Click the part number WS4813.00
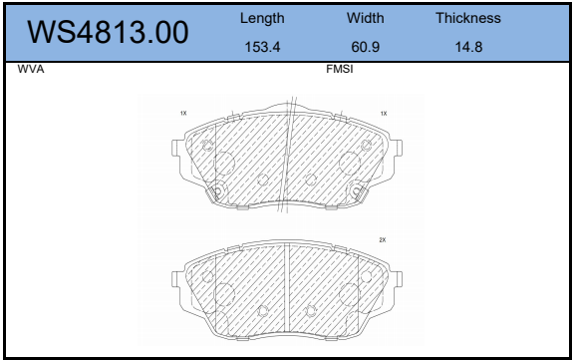tap(108, 32)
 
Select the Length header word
tap(262, 18)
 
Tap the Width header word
tap(365, 18)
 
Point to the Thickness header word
tap(468, 18)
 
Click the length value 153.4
tap(262, 47)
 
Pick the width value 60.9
tap(365, 47)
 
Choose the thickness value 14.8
tap(468, 47)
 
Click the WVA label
tap(31, 69)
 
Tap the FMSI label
tap(340, 69)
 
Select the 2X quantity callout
tap(383, 240)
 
